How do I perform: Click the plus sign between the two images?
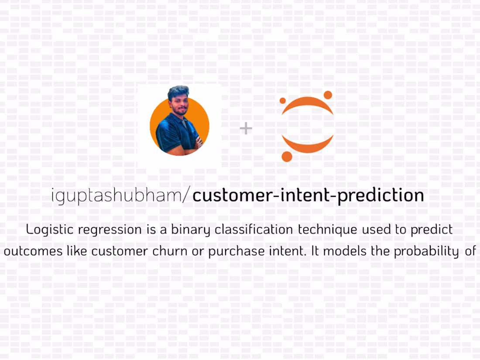(x=246, y=128)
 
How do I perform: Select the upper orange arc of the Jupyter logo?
(x=308, y=105)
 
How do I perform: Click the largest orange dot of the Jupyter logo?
(x=287, y=156)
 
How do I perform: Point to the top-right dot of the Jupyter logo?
(x=328, y=95)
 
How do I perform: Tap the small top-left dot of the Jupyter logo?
(x=282, y=101)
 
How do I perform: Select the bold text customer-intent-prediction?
(x=308, y=195)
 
